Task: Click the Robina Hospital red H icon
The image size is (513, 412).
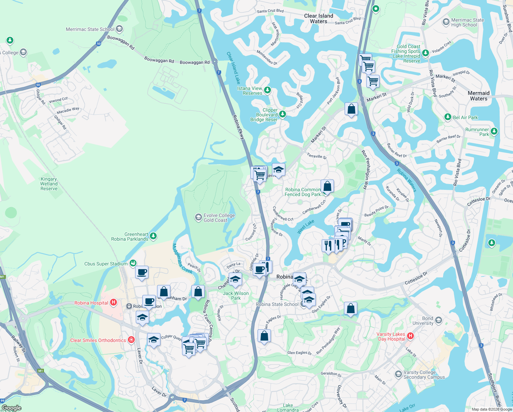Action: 114,303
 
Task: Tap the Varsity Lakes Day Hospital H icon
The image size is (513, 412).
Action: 410,336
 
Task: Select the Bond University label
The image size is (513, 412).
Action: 423,321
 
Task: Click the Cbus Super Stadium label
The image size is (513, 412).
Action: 106,264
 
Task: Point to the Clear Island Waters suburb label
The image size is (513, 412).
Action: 319,19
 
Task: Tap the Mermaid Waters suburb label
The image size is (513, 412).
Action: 478,96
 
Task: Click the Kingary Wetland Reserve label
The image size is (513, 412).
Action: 49,184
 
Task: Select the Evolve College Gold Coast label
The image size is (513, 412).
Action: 219,218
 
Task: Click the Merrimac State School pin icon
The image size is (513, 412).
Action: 119,29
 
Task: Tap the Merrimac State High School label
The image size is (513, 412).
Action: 467,22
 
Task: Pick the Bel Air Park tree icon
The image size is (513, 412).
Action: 448,117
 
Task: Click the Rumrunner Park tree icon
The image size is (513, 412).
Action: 494,131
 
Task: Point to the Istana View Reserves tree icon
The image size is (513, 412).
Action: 267,90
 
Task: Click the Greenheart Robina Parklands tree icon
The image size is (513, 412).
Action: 153,236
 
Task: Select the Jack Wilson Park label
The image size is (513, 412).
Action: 236,296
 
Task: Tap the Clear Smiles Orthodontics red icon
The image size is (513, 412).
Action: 131,340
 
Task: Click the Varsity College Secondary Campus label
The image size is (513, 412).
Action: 424,375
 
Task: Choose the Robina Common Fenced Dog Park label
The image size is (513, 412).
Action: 302,192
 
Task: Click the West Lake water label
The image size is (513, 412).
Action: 306,227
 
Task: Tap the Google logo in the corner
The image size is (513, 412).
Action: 11,408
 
